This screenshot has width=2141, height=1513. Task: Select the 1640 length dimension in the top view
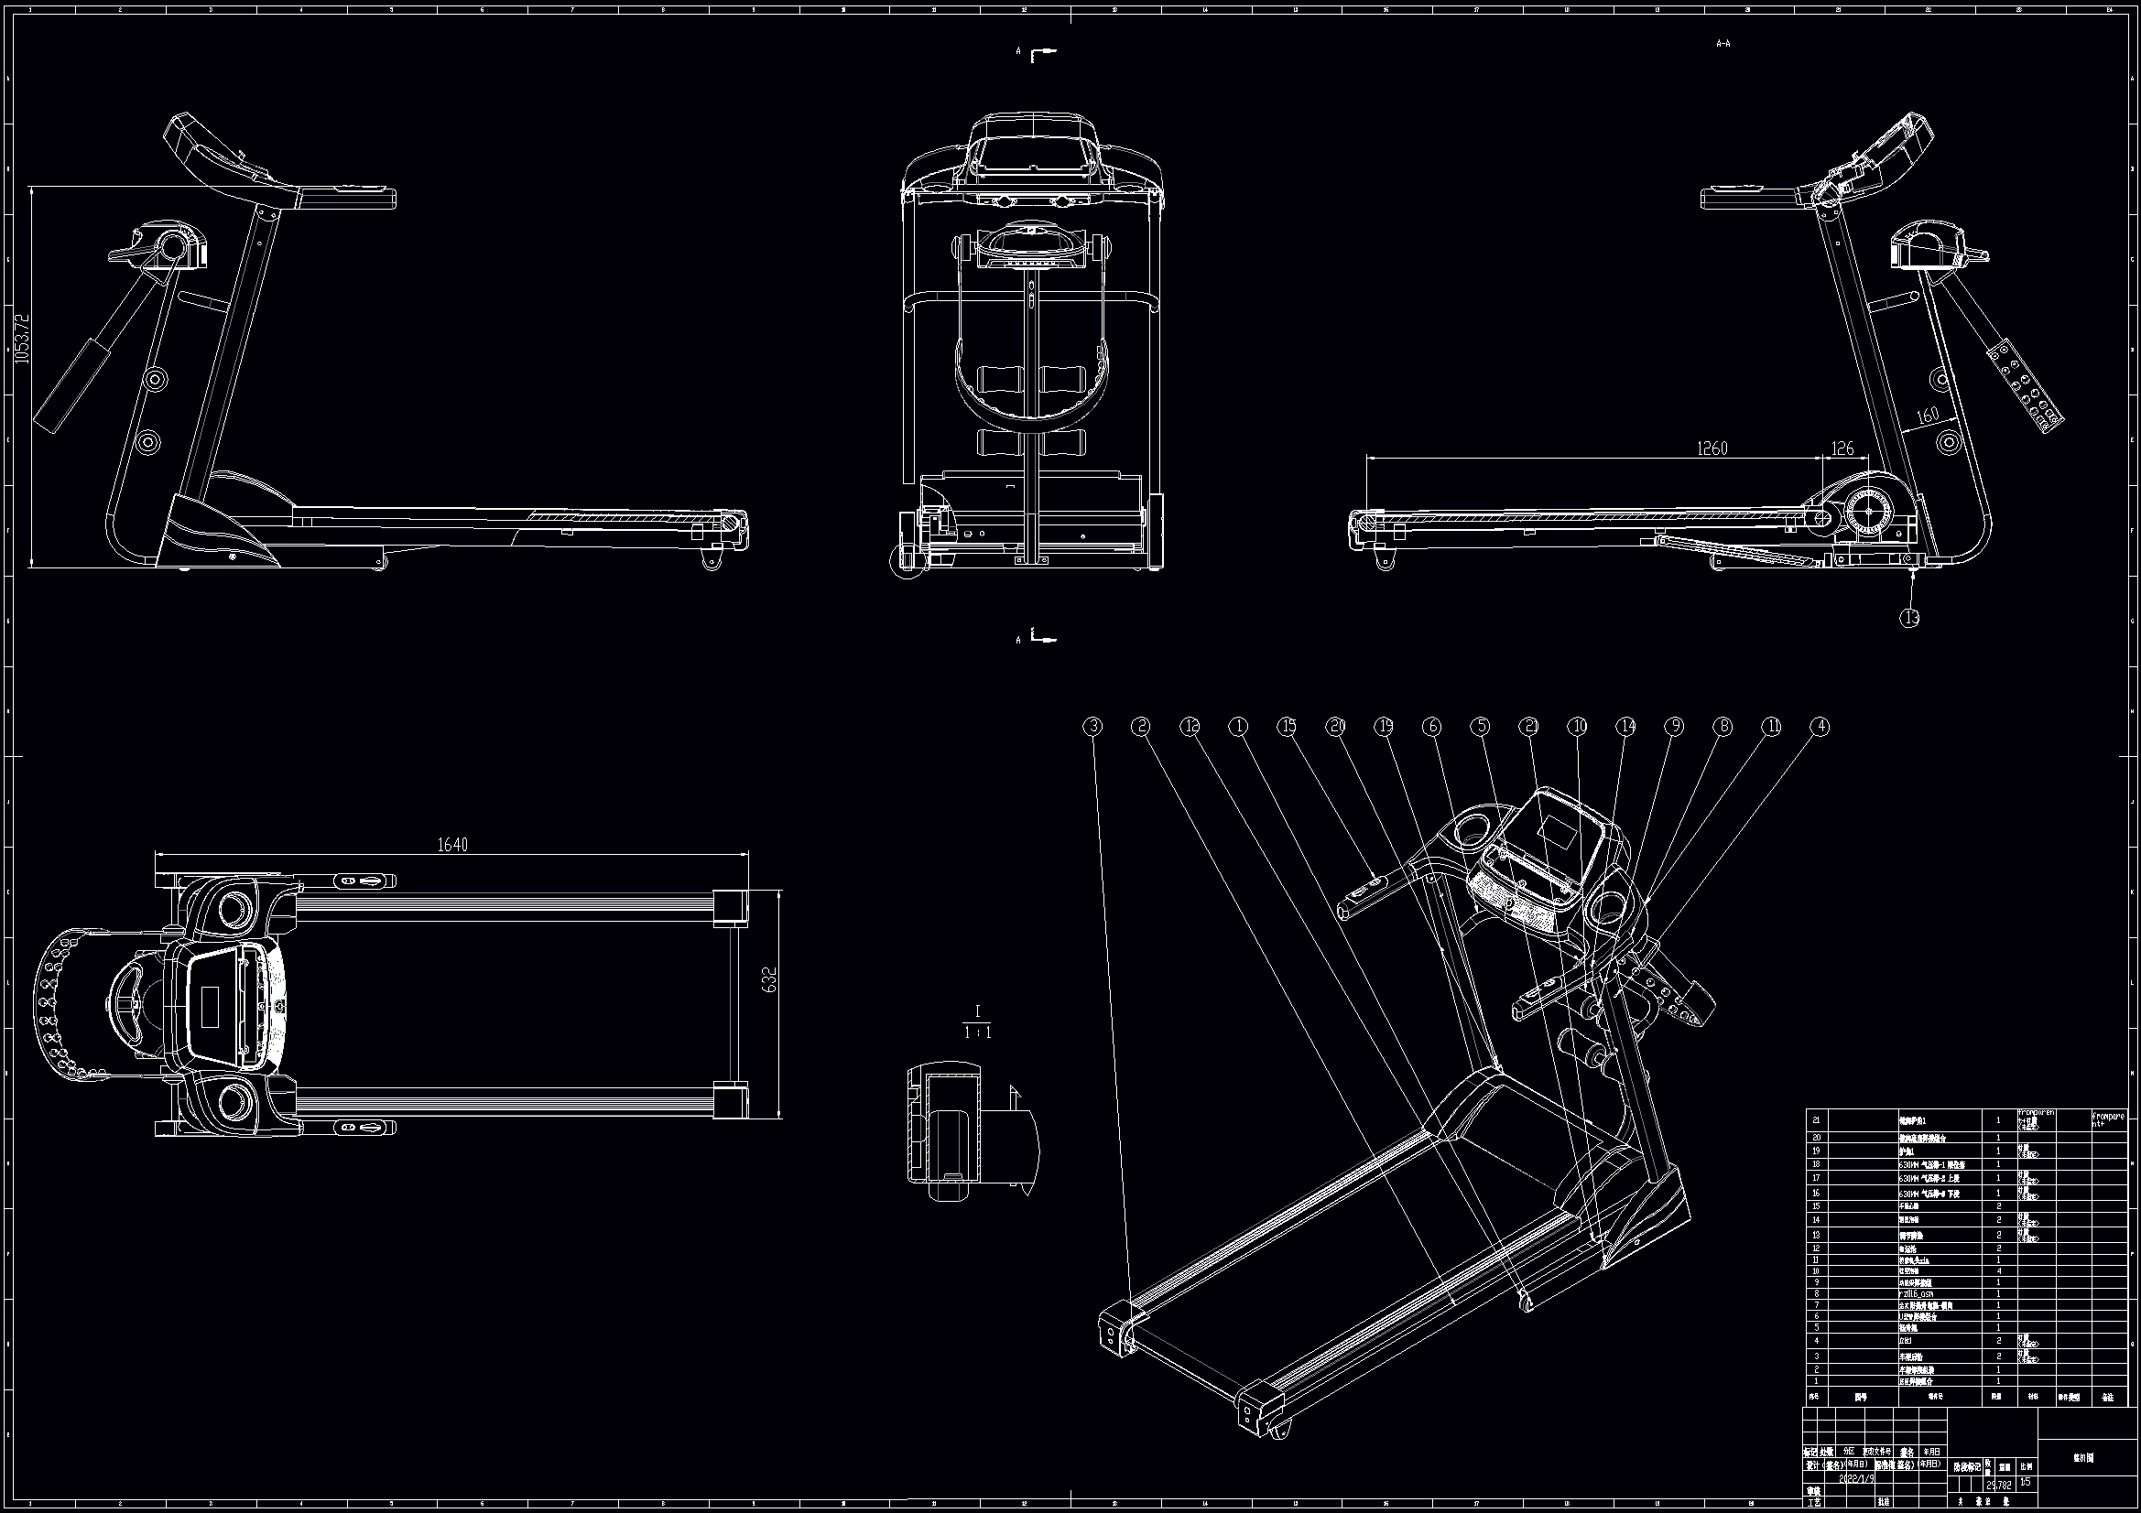[x=452, y=845]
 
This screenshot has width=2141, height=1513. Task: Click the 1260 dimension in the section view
[x=1712, y=474]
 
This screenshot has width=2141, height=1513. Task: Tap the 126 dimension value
[x=1842, y=474]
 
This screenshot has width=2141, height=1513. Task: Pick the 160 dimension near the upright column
[x=1927, y=415]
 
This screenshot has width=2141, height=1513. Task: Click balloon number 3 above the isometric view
[x=1092, y=726]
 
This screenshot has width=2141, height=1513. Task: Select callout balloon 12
[x=1190, y=726]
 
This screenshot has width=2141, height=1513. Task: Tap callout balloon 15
[x=1287, y=726]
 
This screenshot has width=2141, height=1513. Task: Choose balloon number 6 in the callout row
[x=1431, y=726]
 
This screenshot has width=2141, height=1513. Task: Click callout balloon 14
[x=1625, y=726]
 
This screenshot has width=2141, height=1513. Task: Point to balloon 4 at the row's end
[x=1820, y=726]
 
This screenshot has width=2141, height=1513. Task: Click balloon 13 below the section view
[x=1909, y=617]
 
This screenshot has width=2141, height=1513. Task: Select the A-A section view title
[x=1723, y=43]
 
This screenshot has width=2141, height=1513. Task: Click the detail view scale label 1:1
[x=977, y=1032]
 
